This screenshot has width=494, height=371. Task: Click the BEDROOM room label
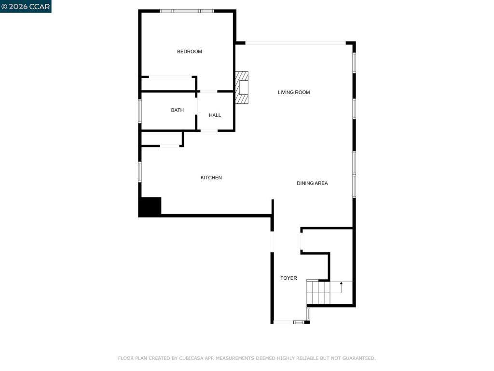click(189, 51)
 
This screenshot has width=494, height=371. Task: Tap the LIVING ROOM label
click(294, 92)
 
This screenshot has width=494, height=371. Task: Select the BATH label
click(178, 110)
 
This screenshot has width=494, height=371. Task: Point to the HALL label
click(215, 115)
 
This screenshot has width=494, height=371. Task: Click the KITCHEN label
click(211, 178)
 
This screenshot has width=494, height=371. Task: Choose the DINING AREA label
click(312, 183)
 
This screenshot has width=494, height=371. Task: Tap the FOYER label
click(288, 278)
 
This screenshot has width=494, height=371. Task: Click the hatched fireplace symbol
click(242, 87)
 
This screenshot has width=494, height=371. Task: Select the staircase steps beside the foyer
click(318, 292)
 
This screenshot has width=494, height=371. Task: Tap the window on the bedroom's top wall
click(187, 11)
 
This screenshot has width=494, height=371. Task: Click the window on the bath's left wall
click(140, 111)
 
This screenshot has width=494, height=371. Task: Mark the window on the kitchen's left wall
click(140, 172)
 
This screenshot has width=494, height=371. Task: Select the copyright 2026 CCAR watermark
click(26, 6)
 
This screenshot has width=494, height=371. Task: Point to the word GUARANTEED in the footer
click(359, 358)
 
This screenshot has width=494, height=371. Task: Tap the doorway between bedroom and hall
click(208, 91)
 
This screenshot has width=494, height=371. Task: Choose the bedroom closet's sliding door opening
click(170, 77)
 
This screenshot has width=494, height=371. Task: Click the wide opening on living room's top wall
click(296, 43)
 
